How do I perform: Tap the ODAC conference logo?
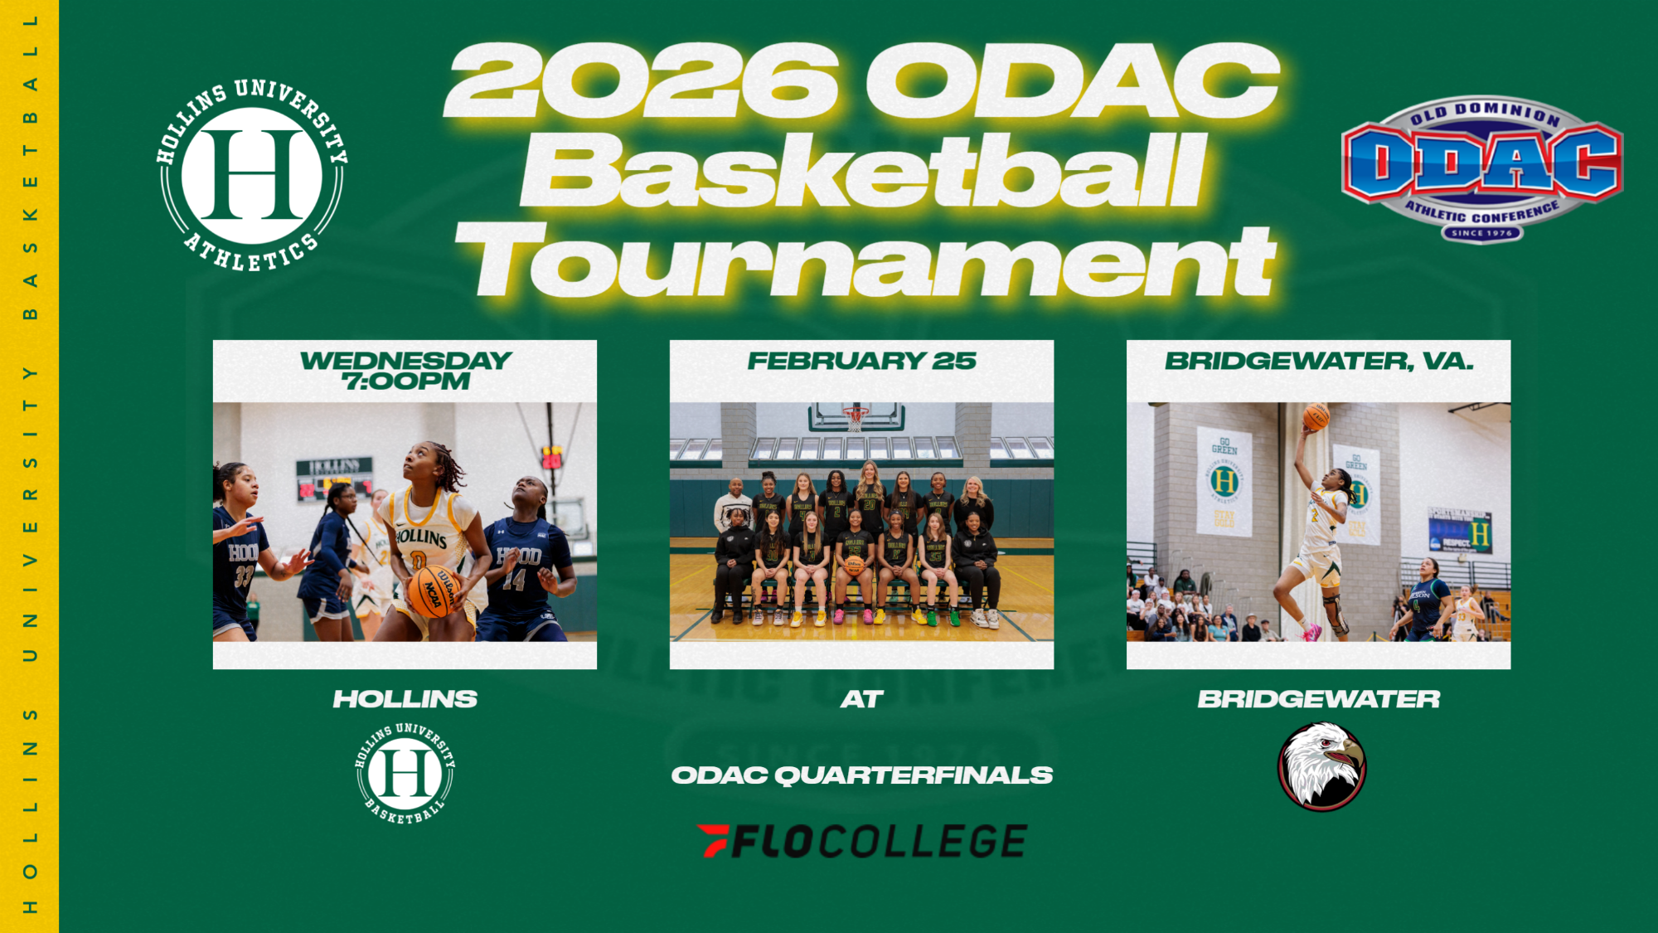(x=1481, y=168)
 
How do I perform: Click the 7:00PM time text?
(x=405, y=381)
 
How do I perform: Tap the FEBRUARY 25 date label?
(x=861, y=361)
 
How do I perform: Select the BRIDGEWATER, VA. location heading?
(x=1318, y=361)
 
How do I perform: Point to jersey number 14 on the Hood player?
(x=514, y=579)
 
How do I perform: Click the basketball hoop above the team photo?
(x=855, y=416)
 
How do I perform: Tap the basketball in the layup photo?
(x=1316, y=416)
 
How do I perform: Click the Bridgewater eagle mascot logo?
(x=1321, y=766)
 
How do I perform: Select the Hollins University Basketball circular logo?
(x=405, y=773)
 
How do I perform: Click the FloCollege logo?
(x=861, y=841)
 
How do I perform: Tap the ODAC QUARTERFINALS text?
(x=861, y=775)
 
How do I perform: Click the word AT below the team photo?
(x=861, y=699)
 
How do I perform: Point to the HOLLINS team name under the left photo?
(x=405, y=699)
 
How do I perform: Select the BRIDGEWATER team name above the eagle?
(x=1318, y=699)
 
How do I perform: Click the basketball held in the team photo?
(x=854, y=566)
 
